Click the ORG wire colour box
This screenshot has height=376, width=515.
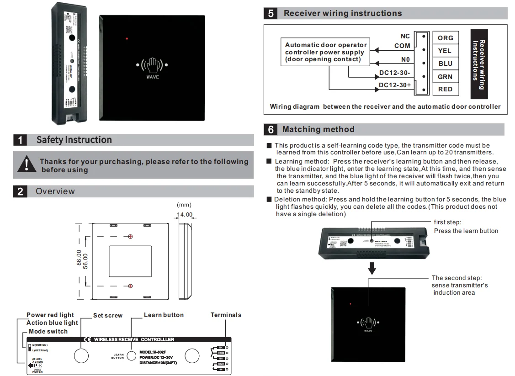click(x=445, y=38)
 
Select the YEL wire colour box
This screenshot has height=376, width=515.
click(x=445, y=51)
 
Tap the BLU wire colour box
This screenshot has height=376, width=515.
click(x=445, y=64)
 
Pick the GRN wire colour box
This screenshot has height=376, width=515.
click(x=445, y=76)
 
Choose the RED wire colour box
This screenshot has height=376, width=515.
click(x=445, y=89)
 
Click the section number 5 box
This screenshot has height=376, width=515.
click(x=271, y=13)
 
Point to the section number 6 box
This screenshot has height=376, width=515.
click(x=271, y=129)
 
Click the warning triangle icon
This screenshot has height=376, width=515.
click(x=27, y=164)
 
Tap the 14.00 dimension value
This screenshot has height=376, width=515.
click(x=185, y=214)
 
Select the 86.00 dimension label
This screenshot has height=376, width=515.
click(x=79, y=258)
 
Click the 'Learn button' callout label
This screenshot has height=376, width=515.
click(x=164, y=315)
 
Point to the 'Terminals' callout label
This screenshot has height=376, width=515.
click(x=226, y=315)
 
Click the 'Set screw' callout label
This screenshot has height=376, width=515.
click(x=108, y=315)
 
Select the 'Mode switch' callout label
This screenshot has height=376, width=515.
click(x=48, y=331)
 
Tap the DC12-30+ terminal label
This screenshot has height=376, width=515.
click(x=395, y=85)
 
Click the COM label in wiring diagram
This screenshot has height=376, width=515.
click(x=402, y=46)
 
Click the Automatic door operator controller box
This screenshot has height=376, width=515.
click(x=326, y=52)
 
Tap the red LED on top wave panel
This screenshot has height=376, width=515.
click(x=127, y=39)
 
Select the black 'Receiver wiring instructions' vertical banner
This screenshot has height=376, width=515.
click(x=479, y=64)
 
